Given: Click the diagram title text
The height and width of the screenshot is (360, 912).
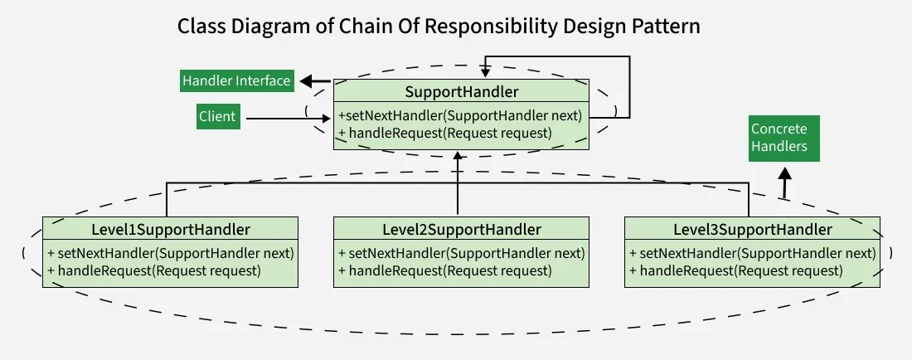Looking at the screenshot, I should (439, 27).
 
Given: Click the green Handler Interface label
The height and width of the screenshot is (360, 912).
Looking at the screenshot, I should (236, 80).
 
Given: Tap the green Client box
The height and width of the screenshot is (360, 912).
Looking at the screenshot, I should (217, 117).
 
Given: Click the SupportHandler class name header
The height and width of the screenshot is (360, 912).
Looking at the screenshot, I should (462, 91).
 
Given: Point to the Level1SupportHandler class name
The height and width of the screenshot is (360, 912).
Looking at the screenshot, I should (170, 229).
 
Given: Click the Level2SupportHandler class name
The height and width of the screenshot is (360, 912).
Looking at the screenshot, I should (462, 229).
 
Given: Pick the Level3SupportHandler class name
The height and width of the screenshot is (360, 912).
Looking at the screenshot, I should (752, 229).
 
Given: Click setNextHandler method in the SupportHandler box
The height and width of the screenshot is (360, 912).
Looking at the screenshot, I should (460, 115).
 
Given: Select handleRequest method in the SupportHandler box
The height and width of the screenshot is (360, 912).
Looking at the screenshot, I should (445, 133).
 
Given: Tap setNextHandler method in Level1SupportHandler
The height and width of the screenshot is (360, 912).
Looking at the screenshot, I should (171, 253).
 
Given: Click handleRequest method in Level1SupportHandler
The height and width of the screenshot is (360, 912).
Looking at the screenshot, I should (154, 270).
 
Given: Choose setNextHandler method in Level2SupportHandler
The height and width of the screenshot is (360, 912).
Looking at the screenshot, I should (462, 253).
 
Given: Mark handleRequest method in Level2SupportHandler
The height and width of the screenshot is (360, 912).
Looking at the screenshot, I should (445, 270).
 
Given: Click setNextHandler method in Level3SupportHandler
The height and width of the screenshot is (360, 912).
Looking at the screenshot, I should (752, 253).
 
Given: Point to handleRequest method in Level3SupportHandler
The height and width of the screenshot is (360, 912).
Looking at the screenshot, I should (736, 270).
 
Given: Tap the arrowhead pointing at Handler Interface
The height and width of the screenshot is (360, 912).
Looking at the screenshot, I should (304, 81).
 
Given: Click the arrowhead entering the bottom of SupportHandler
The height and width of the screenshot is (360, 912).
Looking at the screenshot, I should (458, 156).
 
